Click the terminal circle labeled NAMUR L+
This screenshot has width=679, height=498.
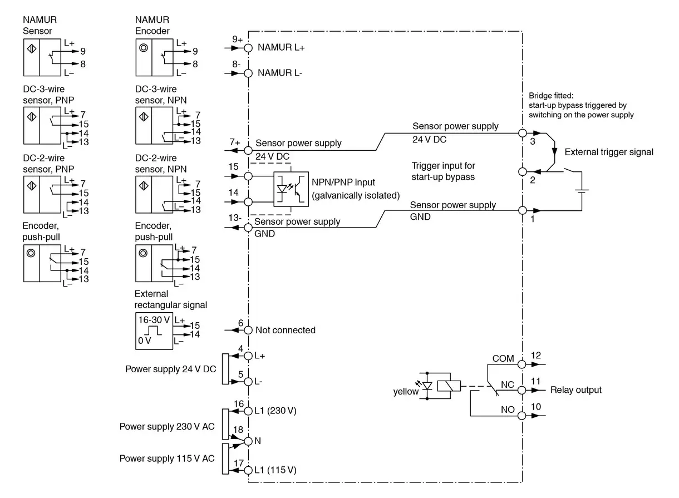[x=248, y=48]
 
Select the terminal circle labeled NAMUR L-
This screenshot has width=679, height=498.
[x=248, y=73]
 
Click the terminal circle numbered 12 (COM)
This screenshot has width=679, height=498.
[x=522, y=364]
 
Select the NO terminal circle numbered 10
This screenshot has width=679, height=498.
[x=522, y=416]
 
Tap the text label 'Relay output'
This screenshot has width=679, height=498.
[x=575, y=390]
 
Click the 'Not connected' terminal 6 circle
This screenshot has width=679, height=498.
[x=248, y=330]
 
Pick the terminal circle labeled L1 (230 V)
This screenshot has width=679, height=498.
[x=248, y=411]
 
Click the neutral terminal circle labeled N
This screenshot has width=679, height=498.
[x=248, y=441]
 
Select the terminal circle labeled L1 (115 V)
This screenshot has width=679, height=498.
[x=248, y=470]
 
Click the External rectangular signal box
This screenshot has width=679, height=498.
[x=154, y=331]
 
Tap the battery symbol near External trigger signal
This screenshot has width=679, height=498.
[x=582, y=191]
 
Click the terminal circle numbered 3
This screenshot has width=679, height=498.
[x=522, y=134]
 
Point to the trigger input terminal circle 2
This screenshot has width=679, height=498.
[x=522, y=172]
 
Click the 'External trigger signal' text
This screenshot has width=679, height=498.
[x=609, y=152]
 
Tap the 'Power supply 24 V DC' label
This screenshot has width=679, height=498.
[x=170, y=368]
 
